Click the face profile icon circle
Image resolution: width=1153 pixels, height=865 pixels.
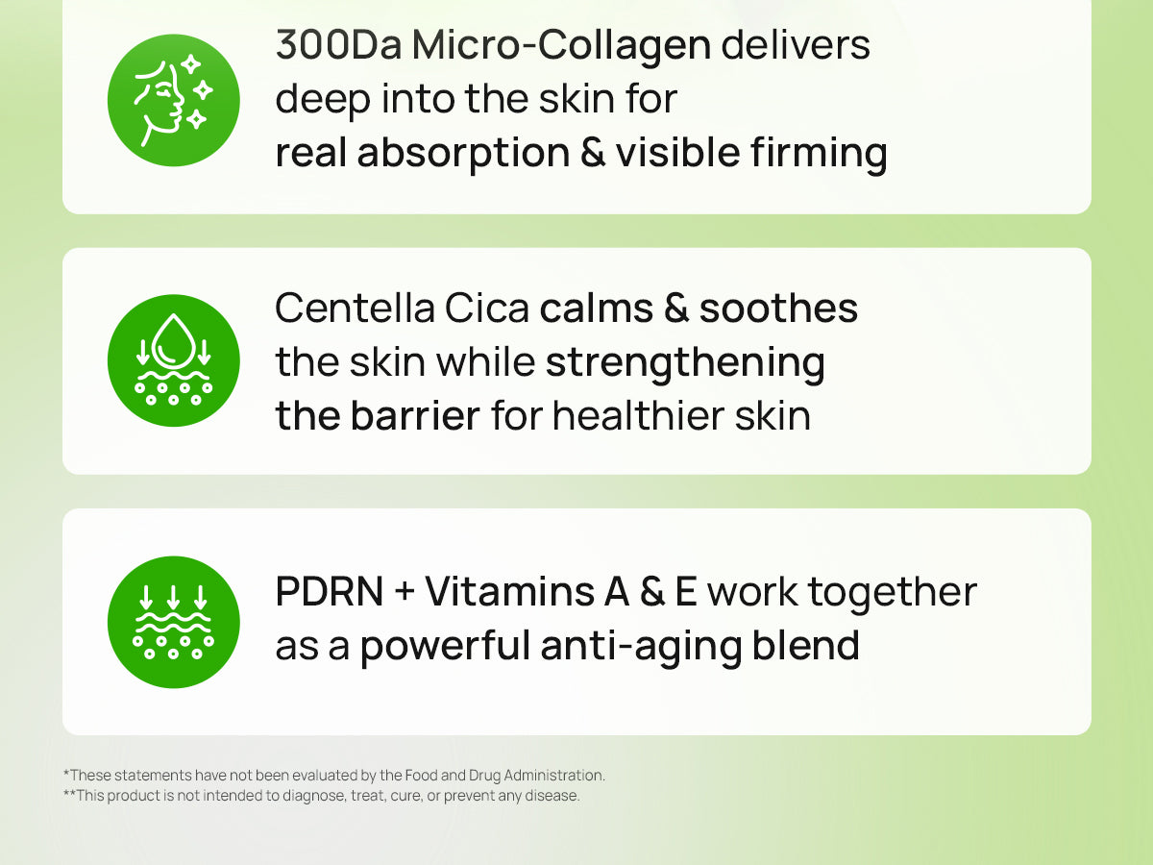point(173,100)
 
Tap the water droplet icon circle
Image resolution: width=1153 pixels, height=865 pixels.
point(173,360)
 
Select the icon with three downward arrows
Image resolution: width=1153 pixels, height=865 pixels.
point(173,622)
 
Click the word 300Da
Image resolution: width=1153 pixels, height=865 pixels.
point(339,45)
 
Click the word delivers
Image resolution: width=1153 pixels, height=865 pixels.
point(796,45)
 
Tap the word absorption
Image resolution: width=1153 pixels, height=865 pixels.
point(463,155)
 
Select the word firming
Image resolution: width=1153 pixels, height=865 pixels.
point(819,155)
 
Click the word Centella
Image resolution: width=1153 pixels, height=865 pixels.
point(356,308)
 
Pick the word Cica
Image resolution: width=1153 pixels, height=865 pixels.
point(487,308)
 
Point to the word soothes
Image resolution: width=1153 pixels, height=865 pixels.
point(778,308)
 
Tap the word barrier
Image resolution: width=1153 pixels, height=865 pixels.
point(415,415)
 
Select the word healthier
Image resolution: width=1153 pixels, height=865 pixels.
point(638,415)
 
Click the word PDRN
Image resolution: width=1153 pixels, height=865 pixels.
point(330,592)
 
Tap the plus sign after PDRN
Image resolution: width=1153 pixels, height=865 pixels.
point(405,592)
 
